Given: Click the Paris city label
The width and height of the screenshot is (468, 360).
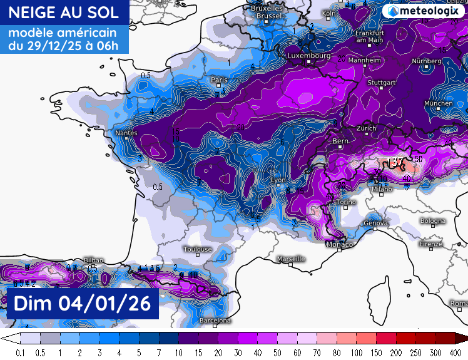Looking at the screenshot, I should [x=219, y=80].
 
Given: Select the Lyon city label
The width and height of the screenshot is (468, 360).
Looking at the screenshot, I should [x=277, y=180].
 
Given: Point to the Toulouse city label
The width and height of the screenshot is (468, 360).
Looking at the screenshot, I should [x=197, y=249].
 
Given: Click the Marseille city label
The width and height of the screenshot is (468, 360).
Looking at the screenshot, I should [x=291, y=259].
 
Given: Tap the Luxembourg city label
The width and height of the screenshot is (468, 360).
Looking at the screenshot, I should [x=308, y=56].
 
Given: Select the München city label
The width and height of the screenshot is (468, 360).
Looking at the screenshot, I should [x=438, y=103].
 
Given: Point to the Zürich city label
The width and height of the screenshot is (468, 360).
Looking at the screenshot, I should [x=366, y=128].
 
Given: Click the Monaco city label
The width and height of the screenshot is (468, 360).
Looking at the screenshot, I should [x=339, y=244].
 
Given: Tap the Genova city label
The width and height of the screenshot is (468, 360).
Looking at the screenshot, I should [x=376, y=224].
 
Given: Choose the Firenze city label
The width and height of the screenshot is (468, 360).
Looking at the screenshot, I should [x=431, y=243].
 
